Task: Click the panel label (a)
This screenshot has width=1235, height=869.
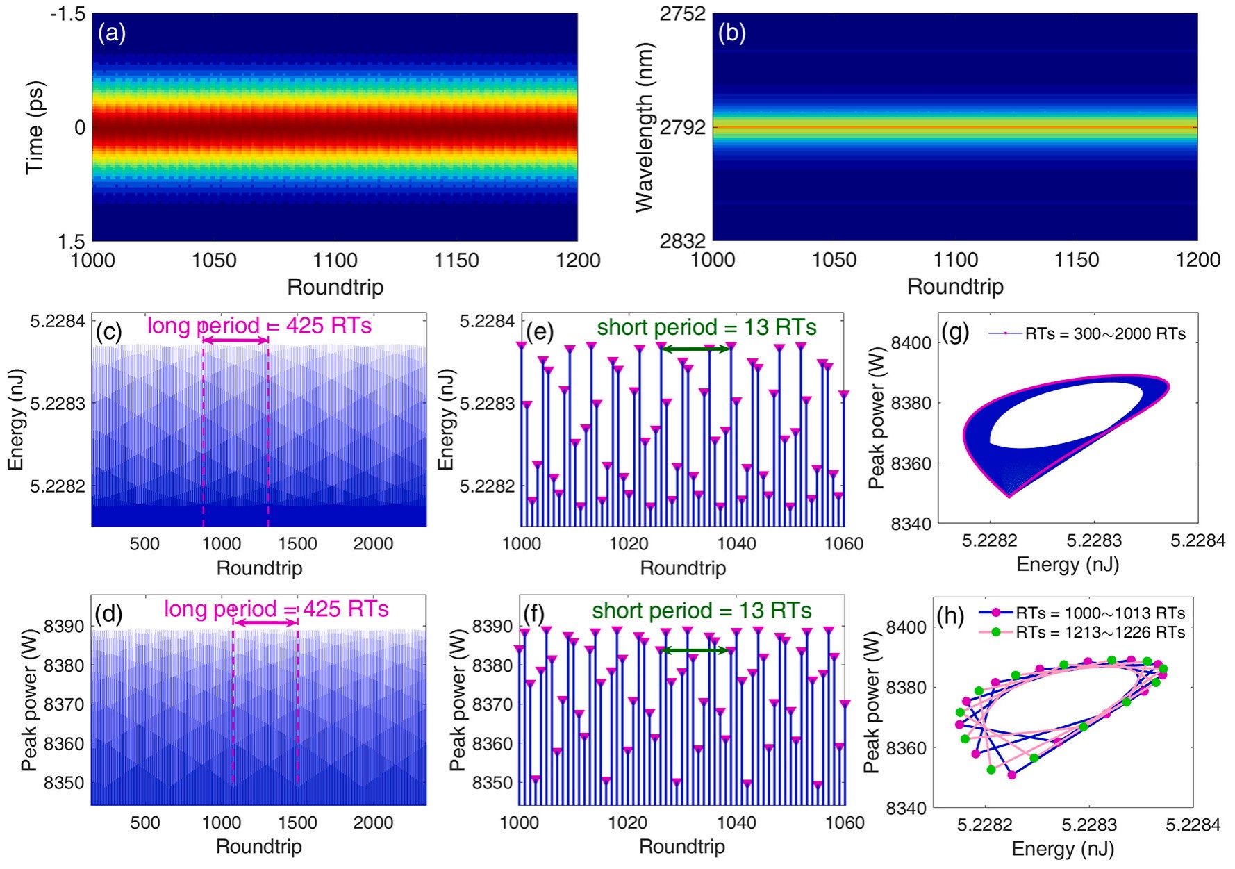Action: [112, 33]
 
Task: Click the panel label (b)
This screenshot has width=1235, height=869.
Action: [732, 33]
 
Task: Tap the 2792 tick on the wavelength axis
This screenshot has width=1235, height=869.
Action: [683, 128]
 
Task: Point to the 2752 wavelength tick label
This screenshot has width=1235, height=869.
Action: [683, 14]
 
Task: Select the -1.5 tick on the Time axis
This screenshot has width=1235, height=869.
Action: [67, 14]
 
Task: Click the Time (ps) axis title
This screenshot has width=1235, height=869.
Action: [35, 128]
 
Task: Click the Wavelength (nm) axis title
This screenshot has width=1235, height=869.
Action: [645, 128]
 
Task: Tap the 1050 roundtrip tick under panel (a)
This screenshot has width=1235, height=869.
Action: [214, 260]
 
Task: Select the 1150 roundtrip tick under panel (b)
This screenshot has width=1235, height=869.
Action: [1077, 260]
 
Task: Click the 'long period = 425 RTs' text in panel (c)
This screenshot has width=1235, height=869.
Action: [259, 325]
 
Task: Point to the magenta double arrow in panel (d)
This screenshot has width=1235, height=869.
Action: [265, 623]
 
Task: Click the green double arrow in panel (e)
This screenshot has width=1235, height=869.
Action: [695, 349]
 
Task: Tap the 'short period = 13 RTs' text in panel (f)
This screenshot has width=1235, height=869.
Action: [702, 611]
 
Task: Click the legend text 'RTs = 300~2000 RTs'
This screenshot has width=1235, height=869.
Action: [1105, 334]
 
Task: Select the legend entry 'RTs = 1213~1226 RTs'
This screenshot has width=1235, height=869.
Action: [1100, 632]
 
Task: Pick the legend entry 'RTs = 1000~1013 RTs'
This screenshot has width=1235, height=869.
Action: [1100, 613]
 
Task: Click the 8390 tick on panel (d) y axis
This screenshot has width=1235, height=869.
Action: [65, 627]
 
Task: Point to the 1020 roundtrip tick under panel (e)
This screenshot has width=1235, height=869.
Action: [629, 544]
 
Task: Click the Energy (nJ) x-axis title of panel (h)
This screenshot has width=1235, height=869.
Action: [1063, 849]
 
